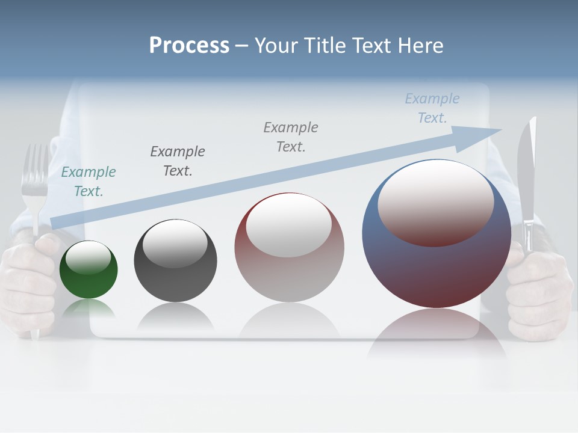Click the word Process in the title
189,46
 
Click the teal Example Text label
89,182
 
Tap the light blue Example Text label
432,108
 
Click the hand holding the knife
539,289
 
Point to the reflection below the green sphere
89,309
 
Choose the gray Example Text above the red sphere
291,137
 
